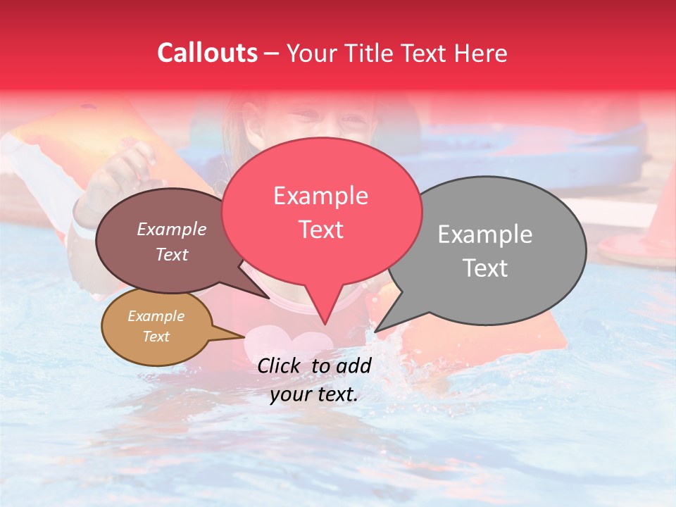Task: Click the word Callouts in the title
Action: coord(207,53)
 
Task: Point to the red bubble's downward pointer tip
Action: coord(325,323)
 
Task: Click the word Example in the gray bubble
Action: coord(484,234)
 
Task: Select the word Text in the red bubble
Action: coord(321,230)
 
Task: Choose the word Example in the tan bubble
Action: coord(156,316)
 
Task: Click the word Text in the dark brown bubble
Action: coord(172,255)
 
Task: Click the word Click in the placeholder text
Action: coord(282,365)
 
